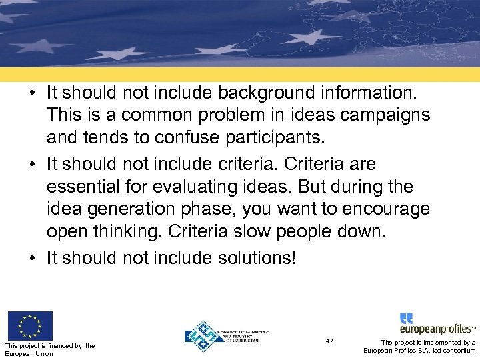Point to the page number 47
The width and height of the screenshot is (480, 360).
click(330, 341)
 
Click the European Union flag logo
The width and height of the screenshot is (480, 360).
click(29, 326)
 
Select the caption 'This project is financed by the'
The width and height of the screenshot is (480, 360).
click(50, 345)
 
